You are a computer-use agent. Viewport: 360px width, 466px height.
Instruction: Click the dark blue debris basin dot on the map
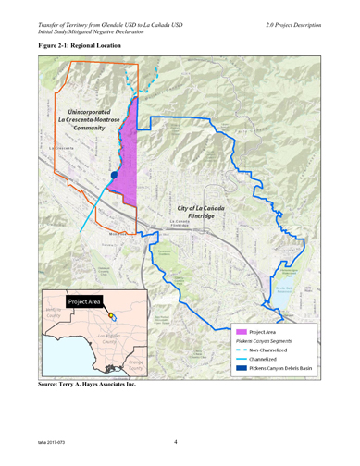click(114, 175)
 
